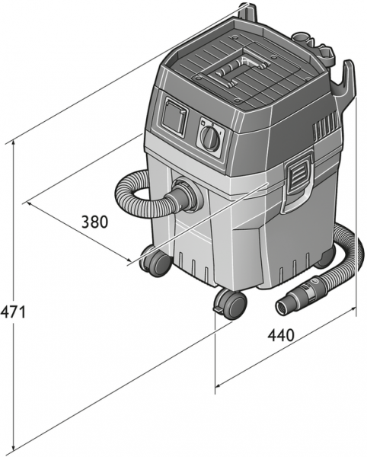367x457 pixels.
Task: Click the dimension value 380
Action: tap(95, 222)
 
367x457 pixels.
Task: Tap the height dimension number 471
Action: tap(14, 312)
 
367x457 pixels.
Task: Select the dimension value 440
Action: tap(282, 336)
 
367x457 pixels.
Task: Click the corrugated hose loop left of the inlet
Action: tap(132, 195)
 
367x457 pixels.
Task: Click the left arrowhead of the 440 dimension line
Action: tap(219, 385)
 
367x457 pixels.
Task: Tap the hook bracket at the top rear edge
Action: tap(247, 12)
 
